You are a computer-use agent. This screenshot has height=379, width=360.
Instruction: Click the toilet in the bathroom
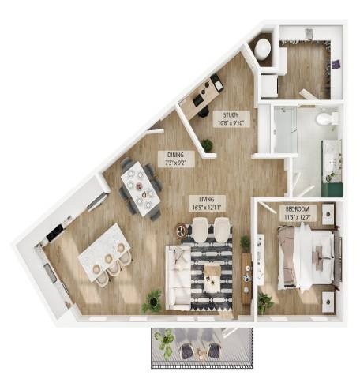click(327, 118)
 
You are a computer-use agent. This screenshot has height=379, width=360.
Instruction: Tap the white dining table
click(141, 189)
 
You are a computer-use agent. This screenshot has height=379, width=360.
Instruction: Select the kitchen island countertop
click(104, 252)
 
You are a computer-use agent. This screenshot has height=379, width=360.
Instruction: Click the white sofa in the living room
click(178, 277)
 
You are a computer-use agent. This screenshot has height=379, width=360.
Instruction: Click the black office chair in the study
click(203, 111)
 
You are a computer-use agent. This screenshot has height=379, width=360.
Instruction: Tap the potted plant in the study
click(207, 145)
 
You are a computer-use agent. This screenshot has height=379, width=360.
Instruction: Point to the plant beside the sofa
click(152, 301)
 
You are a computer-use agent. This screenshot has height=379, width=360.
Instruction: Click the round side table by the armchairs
click(182, 231)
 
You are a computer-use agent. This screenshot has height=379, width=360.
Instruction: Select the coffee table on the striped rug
click(212, 278)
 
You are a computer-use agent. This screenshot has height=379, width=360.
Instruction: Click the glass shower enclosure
click(286, 129)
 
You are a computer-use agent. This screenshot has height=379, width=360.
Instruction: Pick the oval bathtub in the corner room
click(263, 49)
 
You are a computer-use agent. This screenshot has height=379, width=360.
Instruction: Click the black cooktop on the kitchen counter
click(54, 233)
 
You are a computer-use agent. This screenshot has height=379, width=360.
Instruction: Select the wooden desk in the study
click(201, 97)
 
